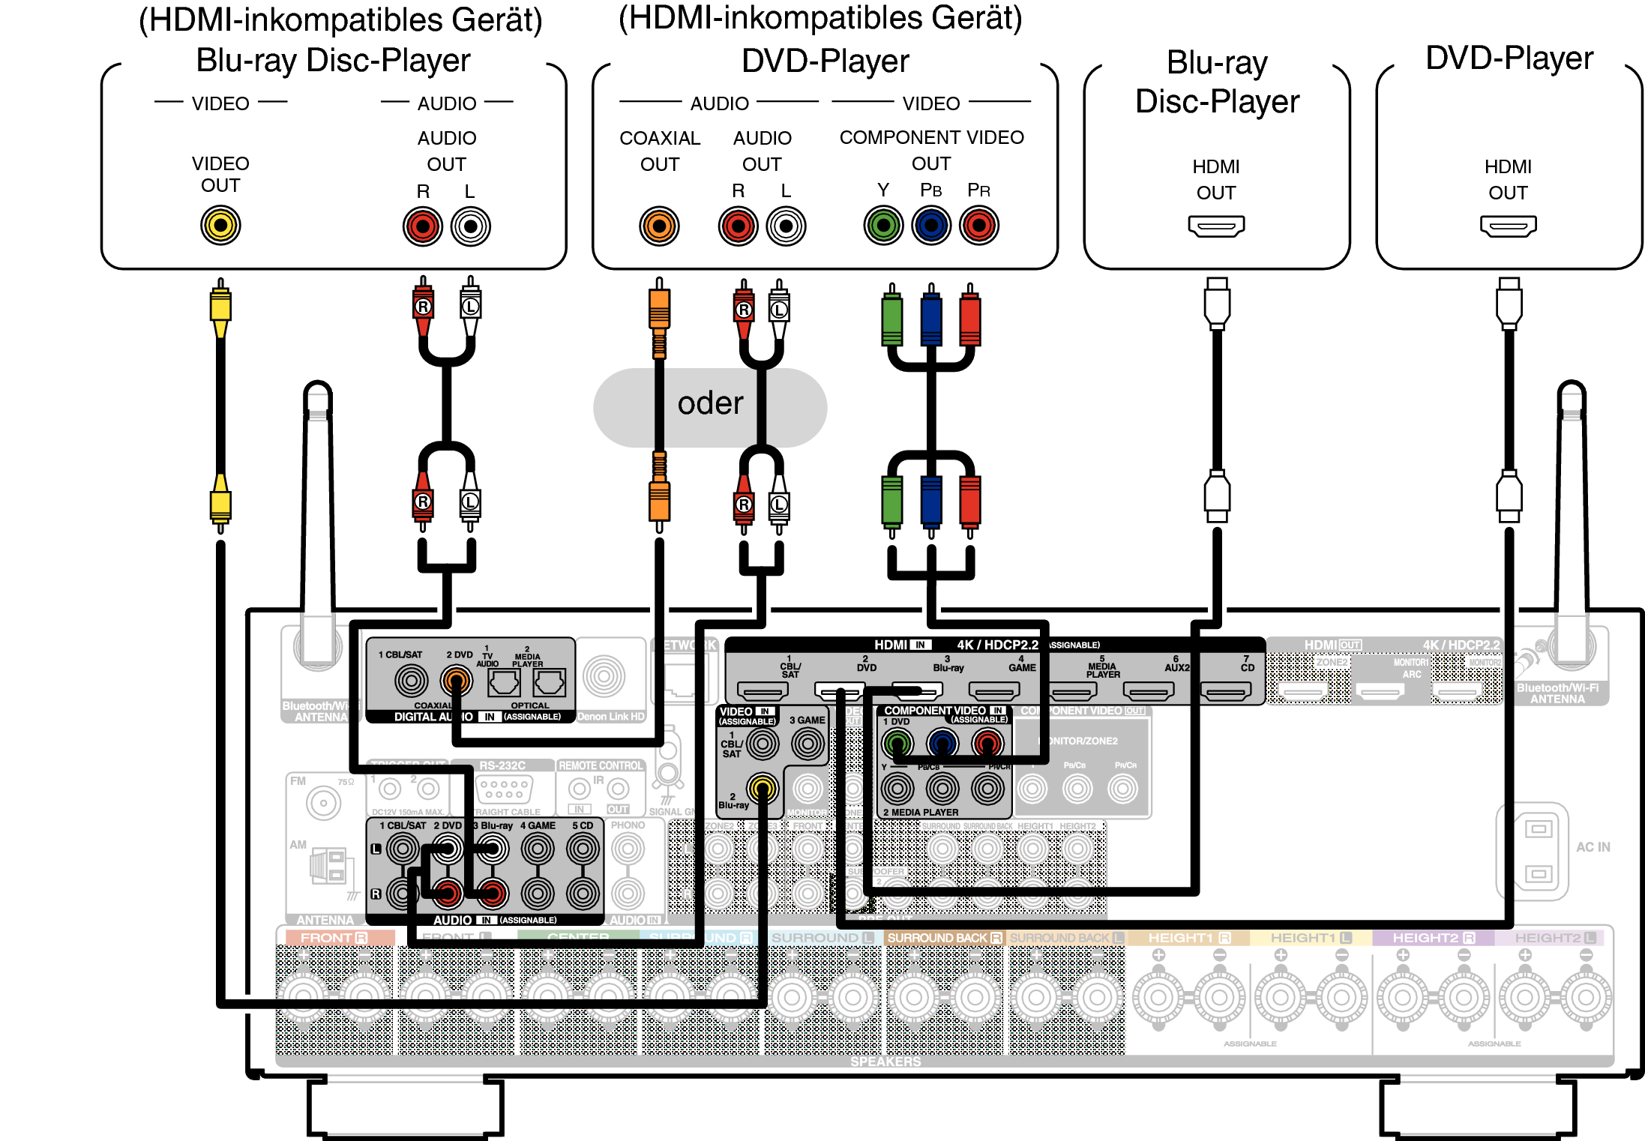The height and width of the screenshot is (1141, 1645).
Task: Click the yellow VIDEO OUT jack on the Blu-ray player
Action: point(220,225)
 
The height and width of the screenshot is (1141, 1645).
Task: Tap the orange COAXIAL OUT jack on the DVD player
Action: point(659,226)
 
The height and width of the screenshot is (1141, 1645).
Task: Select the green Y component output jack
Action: point(883,225)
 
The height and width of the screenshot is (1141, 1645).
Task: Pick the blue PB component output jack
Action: point(931,225)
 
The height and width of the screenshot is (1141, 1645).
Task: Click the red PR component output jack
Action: point(978,225)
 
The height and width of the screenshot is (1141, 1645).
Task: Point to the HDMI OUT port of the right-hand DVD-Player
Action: point(1508,226)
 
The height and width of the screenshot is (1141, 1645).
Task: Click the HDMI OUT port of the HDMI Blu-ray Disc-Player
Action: point(1216,226)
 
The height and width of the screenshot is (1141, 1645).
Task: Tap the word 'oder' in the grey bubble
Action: point(710,404)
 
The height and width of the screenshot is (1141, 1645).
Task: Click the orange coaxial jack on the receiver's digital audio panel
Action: point(456,681)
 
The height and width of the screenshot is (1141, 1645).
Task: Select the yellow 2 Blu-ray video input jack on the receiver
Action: point(763,788)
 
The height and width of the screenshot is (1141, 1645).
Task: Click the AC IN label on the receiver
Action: point(1593,847)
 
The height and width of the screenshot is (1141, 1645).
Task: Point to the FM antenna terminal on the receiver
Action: point(323,804)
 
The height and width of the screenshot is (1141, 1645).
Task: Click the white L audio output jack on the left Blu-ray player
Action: point(471,226)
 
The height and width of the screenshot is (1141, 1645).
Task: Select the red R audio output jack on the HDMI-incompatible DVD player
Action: point(738,226)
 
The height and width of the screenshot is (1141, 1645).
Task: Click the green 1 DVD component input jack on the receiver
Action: point(897,744)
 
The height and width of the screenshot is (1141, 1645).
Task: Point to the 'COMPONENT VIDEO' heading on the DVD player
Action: point(931,138)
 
